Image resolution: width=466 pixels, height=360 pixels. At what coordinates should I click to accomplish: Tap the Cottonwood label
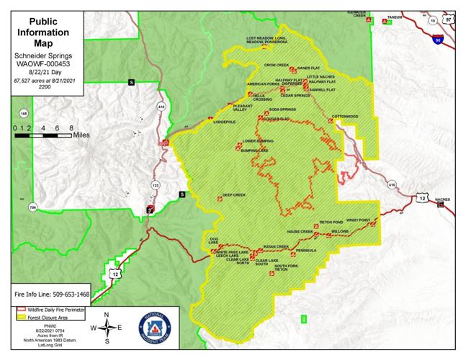(x=344, y=116)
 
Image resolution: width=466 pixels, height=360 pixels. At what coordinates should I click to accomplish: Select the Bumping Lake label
(x=254, y=150)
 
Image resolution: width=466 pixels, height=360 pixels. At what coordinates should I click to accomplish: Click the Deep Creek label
(x=234, y=195)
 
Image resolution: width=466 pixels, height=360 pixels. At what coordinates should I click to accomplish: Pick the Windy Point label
(x=357, y=220)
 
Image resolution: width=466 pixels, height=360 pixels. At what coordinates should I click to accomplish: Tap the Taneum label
(x=394, y=16)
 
